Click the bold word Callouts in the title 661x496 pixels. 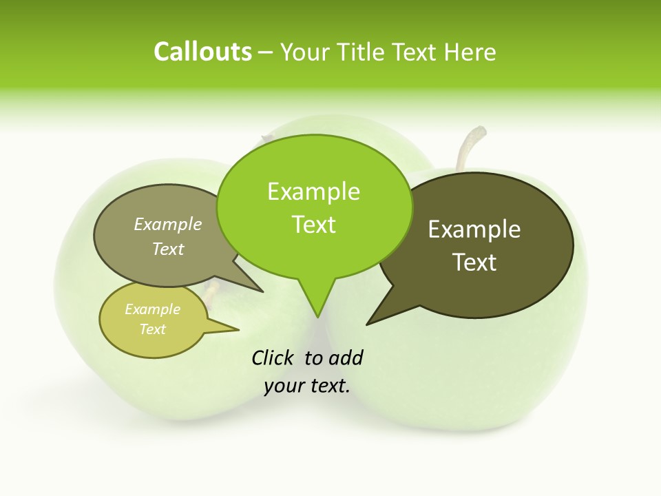(x=202, y=52)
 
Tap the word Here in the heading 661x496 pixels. (x=472, y=52)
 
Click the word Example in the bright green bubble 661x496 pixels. (x=313, y=192)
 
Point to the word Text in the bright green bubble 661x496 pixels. (x=313, y=225)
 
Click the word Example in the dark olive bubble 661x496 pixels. (x=474, y=229)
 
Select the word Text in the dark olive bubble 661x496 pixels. (x=474, y=262)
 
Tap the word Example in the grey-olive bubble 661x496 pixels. (x=168, y=224)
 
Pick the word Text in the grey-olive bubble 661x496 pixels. (x=168, y=249)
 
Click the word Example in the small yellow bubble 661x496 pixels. (x=152, y=309)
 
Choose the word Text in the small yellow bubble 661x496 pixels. (x=152, y=329)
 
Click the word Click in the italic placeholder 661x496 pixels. (x=273, y=358)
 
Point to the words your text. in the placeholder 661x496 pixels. (x=307, y=386)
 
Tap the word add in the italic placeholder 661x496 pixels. (x=345, y=358)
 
